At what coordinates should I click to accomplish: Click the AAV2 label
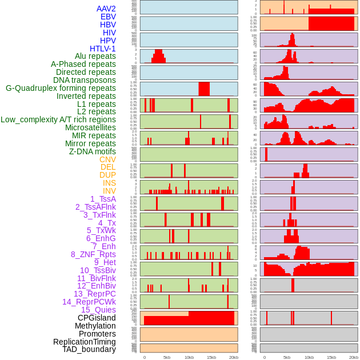point(106,9)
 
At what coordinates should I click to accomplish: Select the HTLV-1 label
point(103,49)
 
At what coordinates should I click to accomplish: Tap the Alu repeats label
point(95,56)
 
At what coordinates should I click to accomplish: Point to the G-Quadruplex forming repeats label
point(61,88)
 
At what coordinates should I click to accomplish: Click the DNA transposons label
point(85,80)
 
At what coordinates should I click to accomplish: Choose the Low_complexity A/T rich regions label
point(58,119)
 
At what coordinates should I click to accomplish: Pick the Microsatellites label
point(90,127)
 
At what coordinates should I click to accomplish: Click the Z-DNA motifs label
point(93,151)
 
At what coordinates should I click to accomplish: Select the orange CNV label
point(107,159)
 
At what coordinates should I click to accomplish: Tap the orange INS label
point(109,183)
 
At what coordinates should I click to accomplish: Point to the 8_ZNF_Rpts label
point(93,254)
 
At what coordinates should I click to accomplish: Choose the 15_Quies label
point(98,310)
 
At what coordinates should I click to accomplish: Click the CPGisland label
point(97,318)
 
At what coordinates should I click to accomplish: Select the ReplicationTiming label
point(85,342)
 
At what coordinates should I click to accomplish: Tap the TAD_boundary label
point(89,349)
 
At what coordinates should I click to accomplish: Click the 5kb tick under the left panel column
point(167,357)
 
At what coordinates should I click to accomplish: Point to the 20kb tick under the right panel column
point(354,357)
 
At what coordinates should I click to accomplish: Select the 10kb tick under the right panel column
point(309,357)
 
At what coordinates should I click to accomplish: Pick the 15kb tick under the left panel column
point(211,357)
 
